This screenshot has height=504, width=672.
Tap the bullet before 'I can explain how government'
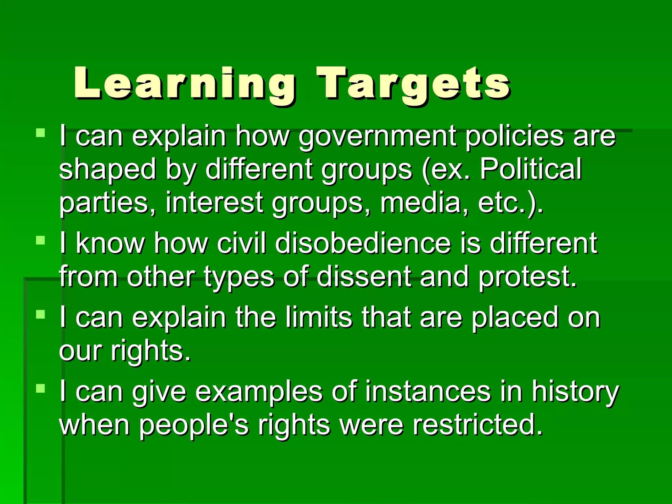(40, 133)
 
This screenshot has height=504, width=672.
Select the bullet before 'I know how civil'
(40, 240)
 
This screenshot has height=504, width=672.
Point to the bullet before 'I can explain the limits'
(40, 315)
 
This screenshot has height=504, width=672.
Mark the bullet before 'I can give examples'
(40, 389)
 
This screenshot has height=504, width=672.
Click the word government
(377, 136)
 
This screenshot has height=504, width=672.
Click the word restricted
(477, 425)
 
